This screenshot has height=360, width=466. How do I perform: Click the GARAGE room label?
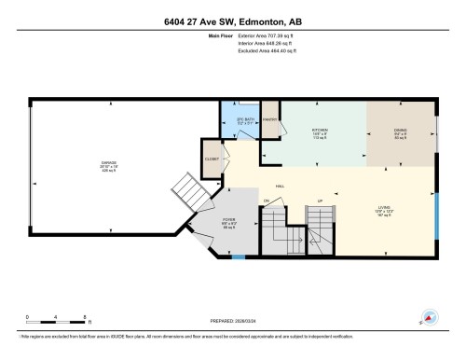[109, 161]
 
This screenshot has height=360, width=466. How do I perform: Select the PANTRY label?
[270, 119]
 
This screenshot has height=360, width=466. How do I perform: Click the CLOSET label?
[212, 159]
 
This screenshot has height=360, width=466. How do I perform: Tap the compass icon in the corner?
[432, 317]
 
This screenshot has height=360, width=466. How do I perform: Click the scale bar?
[56, 322]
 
